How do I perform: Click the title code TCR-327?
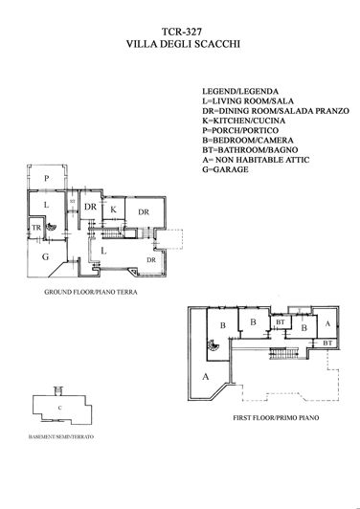[x=180, y=31]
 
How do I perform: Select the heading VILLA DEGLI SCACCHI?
[x=180, y=44]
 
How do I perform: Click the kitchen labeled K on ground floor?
[x=113, y=209]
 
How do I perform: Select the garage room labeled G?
[x=44, y=256]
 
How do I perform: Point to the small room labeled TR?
[x=36, y=229]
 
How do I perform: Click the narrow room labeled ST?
[x=72, y=202]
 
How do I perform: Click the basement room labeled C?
[x=59, y=409]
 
